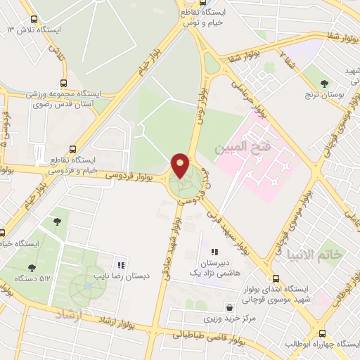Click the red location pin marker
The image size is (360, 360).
click(180, 165)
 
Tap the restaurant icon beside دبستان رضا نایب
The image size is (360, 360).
click(121, 265)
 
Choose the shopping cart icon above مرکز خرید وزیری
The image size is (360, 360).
click(230, 307)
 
